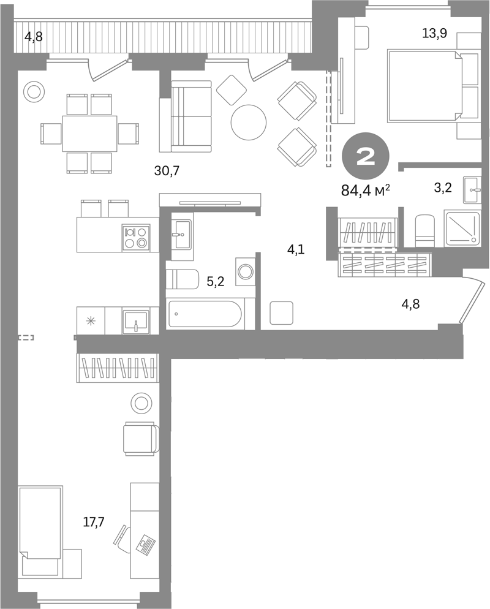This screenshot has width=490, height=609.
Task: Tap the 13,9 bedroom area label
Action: coord(434,34)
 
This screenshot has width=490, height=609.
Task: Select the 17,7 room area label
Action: coord(94,522)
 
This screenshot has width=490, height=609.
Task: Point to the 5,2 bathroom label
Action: coord(215,282)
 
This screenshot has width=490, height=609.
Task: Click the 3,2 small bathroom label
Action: coord(443,188)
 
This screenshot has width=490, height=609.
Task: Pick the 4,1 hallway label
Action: coord(295,249)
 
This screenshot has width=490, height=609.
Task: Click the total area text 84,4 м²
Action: coord(366,191)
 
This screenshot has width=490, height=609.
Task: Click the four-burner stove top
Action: coord(136,237)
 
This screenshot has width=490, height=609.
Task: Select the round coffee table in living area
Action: coord(249,123)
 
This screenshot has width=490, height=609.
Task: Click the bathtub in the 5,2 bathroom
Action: coord(205,314)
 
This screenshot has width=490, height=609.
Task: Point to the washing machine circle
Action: coord(245,271)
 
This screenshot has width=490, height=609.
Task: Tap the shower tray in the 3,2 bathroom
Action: coord(463,228)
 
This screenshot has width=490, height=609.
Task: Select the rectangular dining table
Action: coord(89,134)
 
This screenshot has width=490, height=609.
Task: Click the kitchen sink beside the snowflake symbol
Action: coord(136,321)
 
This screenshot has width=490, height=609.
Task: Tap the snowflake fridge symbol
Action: coord(91,321)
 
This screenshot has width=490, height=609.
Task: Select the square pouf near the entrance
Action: coord(282,313)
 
